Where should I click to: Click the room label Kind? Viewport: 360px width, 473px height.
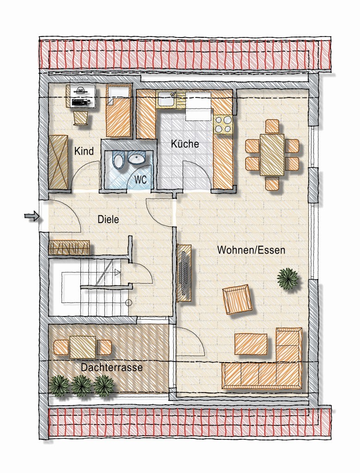[84, 151]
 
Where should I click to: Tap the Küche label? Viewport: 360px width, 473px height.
[185, 144]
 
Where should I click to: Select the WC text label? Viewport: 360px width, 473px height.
[140, 180]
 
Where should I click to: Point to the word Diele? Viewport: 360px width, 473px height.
[108, 219]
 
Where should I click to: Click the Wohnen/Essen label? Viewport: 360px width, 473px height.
[251, 250]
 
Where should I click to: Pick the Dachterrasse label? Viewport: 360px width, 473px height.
[112, 367]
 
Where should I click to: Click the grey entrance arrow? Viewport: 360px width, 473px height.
[32, 216]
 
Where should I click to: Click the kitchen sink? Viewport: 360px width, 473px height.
[165, 99]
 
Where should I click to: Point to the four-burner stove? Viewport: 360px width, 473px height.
[223, 125]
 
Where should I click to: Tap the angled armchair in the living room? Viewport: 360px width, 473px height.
[237, 299]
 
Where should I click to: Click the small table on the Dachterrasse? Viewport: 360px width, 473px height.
[83, 347]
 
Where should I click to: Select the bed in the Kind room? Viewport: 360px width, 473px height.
[119, 110]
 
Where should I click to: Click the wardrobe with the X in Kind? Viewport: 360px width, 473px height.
[59, 162]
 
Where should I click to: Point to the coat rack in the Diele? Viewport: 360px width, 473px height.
[69, 248]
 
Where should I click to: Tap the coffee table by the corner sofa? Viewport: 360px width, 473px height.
[251, 344]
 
